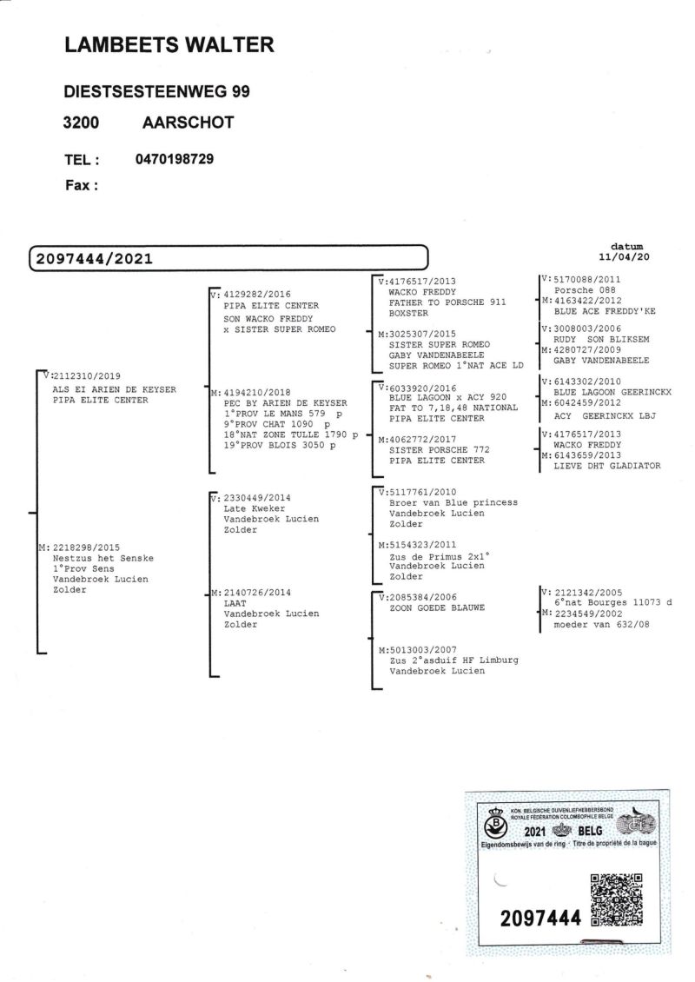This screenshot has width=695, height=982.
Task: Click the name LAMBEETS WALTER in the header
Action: [x=169, y=46]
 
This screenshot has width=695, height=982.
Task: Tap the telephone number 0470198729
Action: [x=175, y=159]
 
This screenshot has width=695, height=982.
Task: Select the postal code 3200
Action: [x=81, y=123]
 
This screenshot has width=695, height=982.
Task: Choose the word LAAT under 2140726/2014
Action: [x=235, y=603]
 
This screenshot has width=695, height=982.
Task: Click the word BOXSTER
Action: [x=409, y=313]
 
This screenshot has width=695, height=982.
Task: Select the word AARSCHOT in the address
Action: [x=187, y=123]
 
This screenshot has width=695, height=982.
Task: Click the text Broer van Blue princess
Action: [x=453, y=502]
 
